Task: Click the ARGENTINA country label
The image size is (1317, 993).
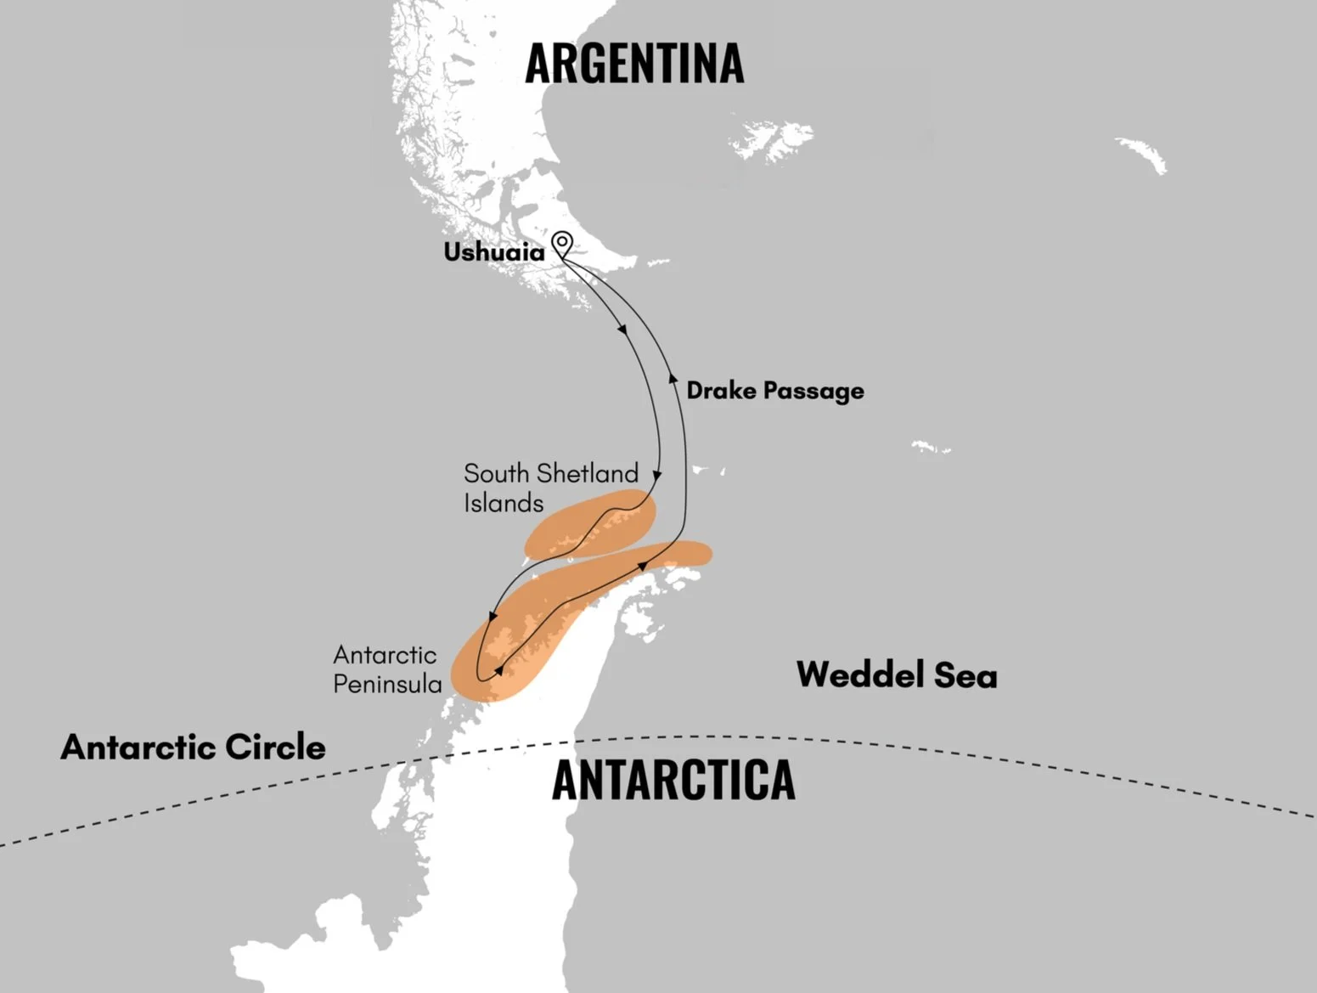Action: point(633,63)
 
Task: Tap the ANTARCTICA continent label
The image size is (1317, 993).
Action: point(673,781)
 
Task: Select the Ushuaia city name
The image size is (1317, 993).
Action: point(494,252)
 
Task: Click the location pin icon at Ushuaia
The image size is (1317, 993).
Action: point(561,244)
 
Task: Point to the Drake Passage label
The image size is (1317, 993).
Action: point(774,391)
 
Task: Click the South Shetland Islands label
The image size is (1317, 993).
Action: point(550,488)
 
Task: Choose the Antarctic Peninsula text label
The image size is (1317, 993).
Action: point(387,669)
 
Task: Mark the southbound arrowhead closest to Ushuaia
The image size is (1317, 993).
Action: point(625,330)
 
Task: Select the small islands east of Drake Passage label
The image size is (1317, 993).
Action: point(931,447)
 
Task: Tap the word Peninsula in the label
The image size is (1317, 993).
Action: point(387,684)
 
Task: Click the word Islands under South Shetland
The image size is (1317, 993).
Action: point(504,503)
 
